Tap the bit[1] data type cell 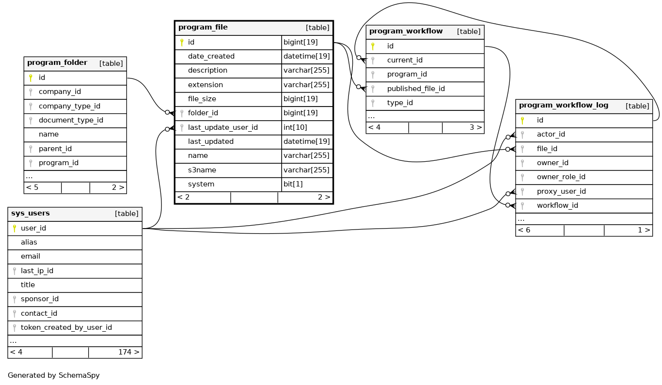293,184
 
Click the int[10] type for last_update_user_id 295,127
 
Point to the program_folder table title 57,63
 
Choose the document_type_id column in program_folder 71,120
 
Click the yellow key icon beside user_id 15,228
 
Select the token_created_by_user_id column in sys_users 66,327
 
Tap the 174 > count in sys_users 128,352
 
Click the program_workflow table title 406,31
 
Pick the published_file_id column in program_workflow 416,89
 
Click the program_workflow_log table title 564,106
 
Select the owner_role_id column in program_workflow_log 561,177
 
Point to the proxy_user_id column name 561,191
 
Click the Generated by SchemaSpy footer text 54,375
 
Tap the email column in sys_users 31,256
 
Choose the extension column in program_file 205,85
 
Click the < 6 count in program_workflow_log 524,230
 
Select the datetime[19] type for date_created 306,56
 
